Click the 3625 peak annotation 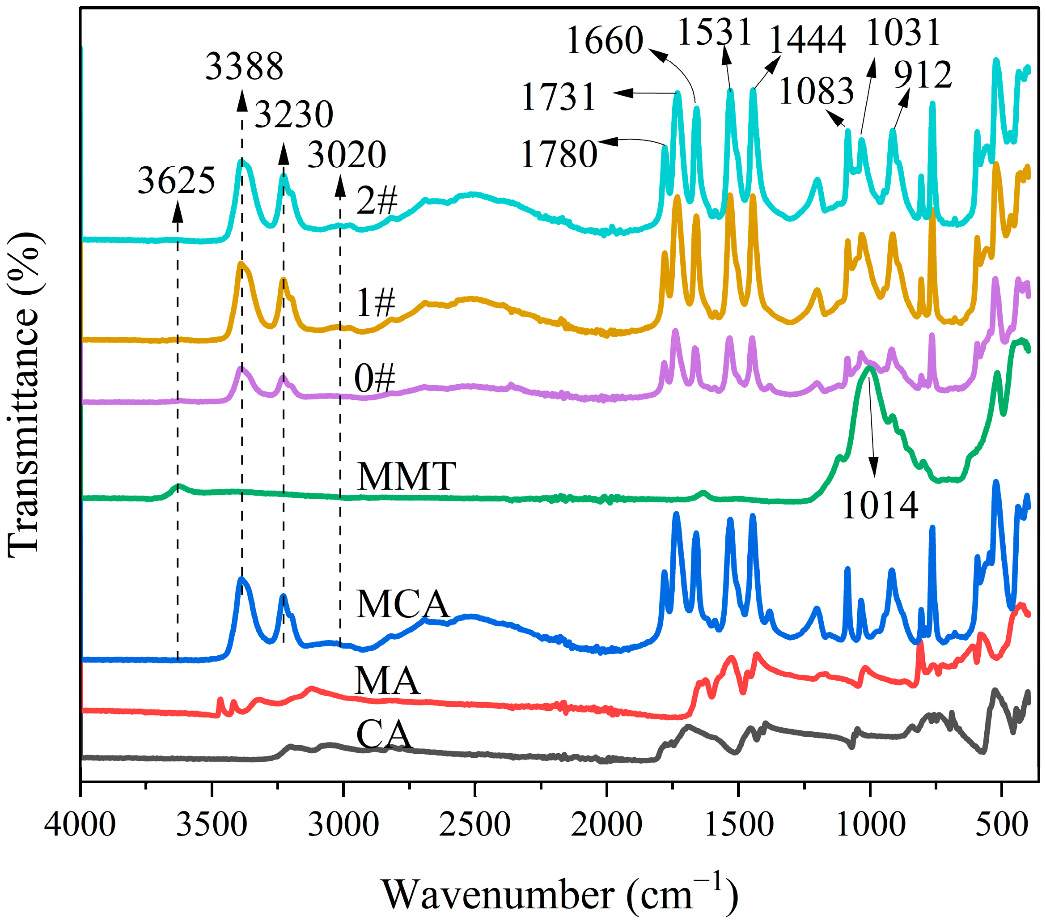pyautogui.click(x=176, y=181)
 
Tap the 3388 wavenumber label pyautogui.click(x=244, y=67)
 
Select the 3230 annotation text pyautogui.click(x=294, y=114)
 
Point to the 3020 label pyautogui.click(x=347, y=155)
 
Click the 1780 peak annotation pyautogui.click(x=559, y=154)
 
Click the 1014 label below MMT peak pyautogui.click(x=880, y=506)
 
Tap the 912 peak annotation pyautogui.click(x=923, y=75)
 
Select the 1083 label pyautogui.click(x=816, y=92)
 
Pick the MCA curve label pyautogui.click(x=403, y=604)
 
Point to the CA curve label pyautogui.click(x=384, y=734)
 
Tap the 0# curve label pyautogui.click(x=375, y=379)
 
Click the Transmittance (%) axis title pyautogui.click(x=24, y=394)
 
